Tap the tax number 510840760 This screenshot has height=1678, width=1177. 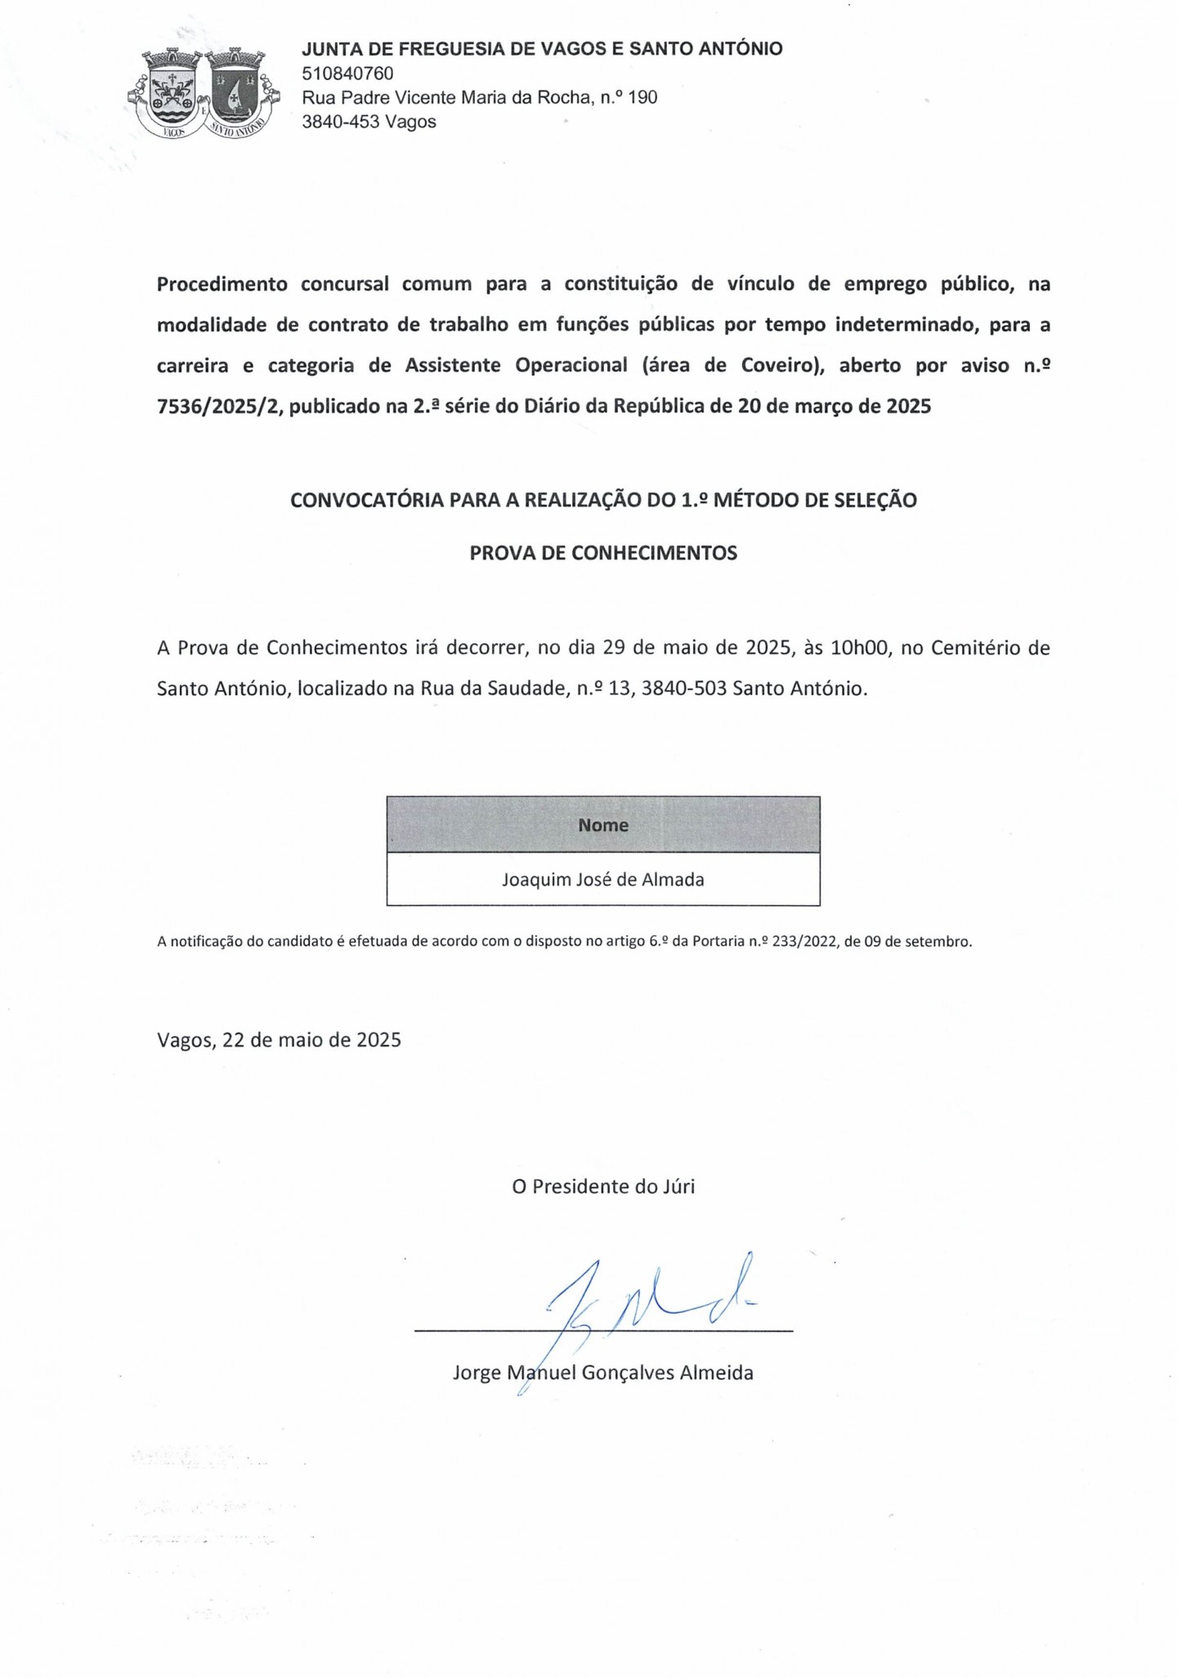[x=347, y=74]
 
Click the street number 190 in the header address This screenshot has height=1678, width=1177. [x=642, y=98]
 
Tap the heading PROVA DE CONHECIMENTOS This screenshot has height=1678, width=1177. [x=603, y=553]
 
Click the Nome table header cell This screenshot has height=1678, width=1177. [x=603, y=825]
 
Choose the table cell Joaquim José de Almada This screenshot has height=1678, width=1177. [x=603, y=880]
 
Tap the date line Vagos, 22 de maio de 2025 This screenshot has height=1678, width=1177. [x=279, y=1040]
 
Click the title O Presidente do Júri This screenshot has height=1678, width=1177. [x=603, y=1187]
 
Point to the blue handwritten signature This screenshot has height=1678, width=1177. [x=638, y=1307]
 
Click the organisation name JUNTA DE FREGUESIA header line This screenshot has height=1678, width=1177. [x=542, y=49]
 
